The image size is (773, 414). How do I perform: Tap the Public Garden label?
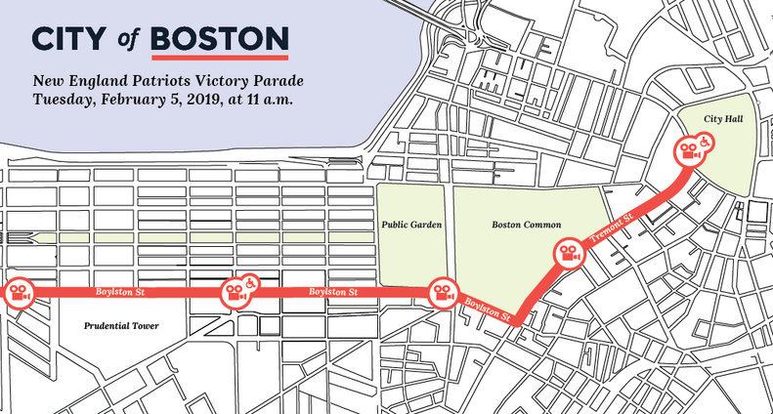[410, 225]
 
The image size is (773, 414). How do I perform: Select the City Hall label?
[719, 118]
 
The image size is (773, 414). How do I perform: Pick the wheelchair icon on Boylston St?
[250, 282]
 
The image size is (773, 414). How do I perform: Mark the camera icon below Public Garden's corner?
[441, 292]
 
